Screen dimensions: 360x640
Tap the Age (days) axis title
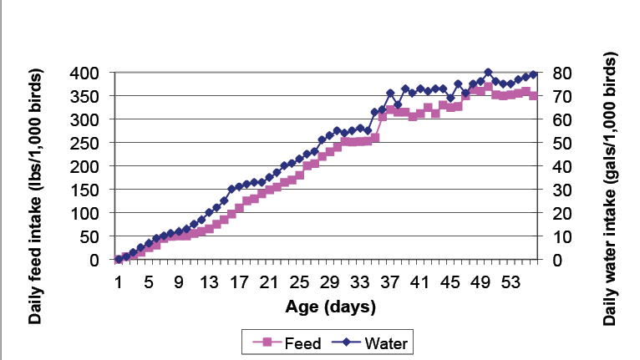click(332, 307)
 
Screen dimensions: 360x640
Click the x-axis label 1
click(119, 282)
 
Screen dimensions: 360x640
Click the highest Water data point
click(488, 73)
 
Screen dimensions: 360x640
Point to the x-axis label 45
click(450, 282)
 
